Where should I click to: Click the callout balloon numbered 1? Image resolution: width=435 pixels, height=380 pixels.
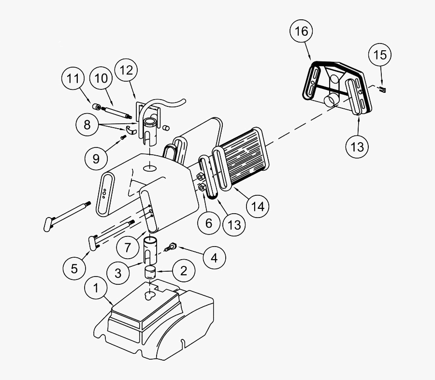click(x=96, y=289)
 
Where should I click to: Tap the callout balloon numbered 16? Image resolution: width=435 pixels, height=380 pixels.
click(x=301, y=31)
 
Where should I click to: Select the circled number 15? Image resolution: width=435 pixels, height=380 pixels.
click(x=380, y=55)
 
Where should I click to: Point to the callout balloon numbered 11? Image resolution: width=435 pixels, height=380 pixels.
click(x=72, y=79)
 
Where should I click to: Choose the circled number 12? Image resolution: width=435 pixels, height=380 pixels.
click(x=126, y=70)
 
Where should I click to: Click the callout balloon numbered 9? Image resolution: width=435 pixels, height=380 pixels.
click(x=96, y=158)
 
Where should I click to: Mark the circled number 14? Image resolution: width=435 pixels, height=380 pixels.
click(x=257, y=206)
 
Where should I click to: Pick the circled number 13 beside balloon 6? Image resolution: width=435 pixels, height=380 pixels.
click(x=234, y=225)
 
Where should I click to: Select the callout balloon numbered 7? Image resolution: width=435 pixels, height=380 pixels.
click(x=127, y=247)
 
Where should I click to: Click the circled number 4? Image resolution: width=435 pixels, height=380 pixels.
click(x=214, y=258)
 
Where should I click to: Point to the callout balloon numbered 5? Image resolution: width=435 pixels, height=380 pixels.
click(x=74, y=268)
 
